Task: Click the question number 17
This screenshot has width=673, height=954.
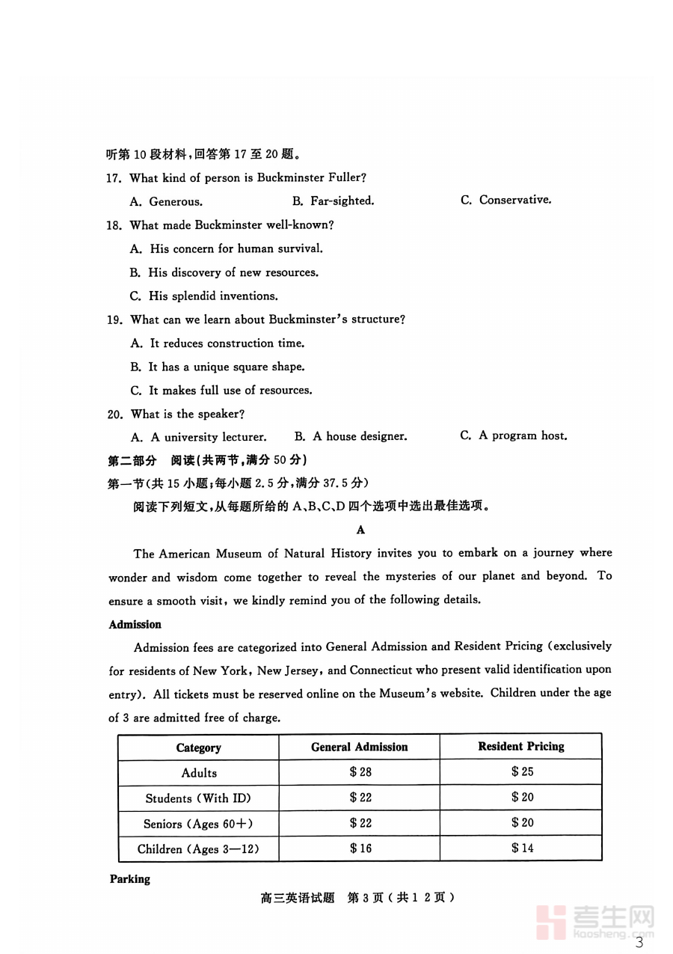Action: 114,178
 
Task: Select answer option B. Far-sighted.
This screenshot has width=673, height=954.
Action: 333,201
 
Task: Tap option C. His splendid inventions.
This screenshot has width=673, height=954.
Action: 203,296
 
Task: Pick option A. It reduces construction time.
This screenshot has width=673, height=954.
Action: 217,343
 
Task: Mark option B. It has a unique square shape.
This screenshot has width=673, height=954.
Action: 217,367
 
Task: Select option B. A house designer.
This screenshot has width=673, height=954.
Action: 351,436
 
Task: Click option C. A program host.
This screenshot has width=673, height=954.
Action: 513,435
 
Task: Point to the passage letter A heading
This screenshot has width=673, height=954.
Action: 360,530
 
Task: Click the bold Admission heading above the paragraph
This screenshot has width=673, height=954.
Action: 135,624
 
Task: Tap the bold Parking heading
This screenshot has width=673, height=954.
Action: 129,879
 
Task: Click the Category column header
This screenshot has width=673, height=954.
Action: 198,747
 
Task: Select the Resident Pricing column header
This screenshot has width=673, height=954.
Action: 521,747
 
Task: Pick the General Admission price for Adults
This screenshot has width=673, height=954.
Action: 360,772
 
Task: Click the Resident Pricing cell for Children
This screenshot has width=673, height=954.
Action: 522,848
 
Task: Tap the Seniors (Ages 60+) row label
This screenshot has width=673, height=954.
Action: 198,824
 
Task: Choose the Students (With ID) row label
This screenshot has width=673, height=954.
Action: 198,798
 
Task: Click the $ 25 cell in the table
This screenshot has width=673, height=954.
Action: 522,771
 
